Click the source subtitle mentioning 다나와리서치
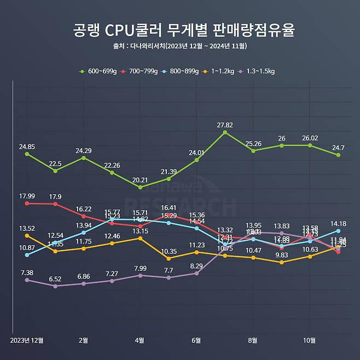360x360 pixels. pyautogui.click(x=179, y=46)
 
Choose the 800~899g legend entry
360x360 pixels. pyautogui.click(x=184, y=71)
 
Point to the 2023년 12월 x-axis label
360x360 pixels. pyautogui.click(x=27, y=340)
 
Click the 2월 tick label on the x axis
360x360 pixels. pyautogui.click(x=84, y=340)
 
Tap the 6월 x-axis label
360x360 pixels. pyautogui.click(x=196, y=340)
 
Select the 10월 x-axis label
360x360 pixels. pyautogui.click(x=310, y=340)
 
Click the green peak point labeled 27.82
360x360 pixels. pyautogui.click(x=225, y=132)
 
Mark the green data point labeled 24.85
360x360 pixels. pyautogui.click(x=27, y=154)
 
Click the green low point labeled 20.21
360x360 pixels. pyautogui.click(x=140, y=187)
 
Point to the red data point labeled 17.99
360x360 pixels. pyautogui.click(x=27, y=204)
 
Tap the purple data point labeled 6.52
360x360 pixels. pyautogui.click(x=55, y=286)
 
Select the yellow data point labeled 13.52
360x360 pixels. pyautogui.click(x=27, y=235)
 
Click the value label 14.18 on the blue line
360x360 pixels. pyautogui.click(x=338, y=223)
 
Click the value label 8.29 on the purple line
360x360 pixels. pyautogui.click(x=196, y=266)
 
